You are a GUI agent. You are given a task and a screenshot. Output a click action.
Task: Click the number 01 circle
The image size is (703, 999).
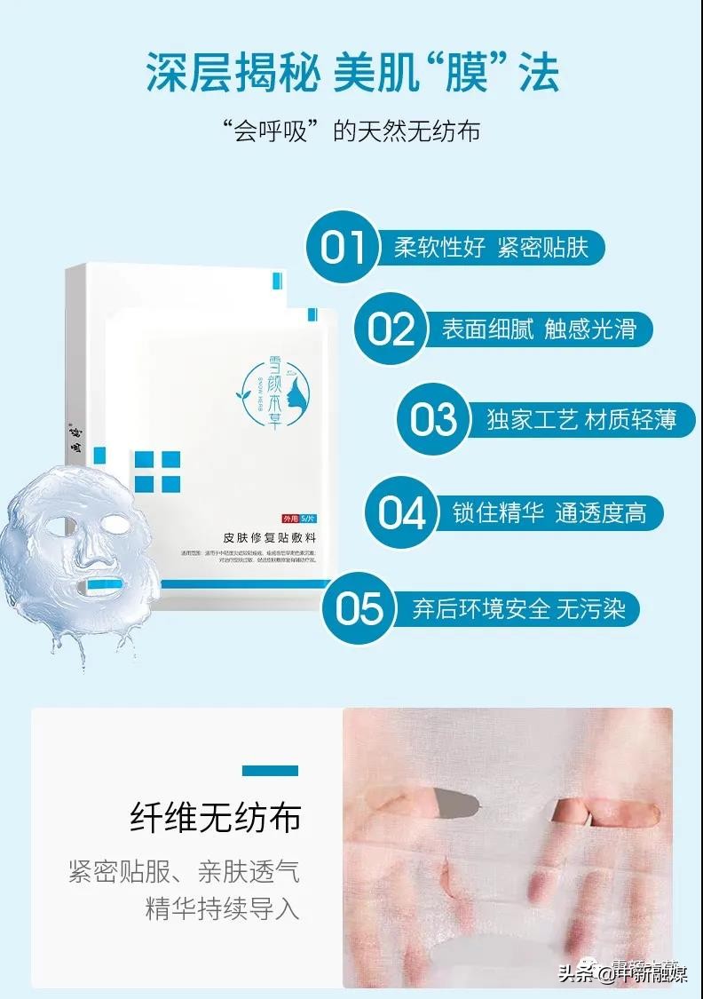click(x=344, y=246)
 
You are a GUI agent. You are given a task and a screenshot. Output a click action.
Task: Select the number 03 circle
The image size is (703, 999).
click(x=433, y=419)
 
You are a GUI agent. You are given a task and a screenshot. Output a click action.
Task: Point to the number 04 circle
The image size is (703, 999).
click(x=402, y=512)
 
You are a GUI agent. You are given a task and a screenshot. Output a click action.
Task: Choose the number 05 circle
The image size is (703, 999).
click(x=359, y=608)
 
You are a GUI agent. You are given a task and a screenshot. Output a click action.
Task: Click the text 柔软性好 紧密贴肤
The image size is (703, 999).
click(x=491, y=247)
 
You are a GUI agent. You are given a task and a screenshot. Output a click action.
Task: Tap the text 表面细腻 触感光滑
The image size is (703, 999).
click(x=539, y=329)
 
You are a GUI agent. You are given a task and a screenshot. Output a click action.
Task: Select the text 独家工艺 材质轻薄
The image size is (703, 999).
click(x=581, y=419)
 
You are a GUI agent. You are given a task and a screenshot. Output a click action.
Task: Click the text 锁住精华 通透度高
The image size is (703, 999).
click(x=549, y=513)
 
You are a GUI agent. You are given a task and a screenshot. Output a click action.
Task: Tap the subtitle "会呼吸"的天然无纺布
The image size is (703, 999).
click(x=351, y=131)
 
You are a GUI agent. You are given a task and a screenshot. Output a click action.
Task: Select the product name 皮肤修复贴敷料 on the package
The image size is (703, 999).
click(x=272, y=537)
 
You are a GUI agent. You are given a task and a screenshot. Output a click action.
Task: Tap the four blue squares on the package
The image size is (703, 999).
click(x=159, y=472)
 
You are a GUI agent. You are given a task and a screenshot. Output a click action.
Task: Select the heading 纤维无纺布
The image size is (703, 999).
click(x=215, y=816)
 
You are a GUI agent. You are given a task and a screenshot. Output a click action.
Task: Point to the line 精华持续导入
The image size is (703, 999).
click(x=222, y=909)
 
